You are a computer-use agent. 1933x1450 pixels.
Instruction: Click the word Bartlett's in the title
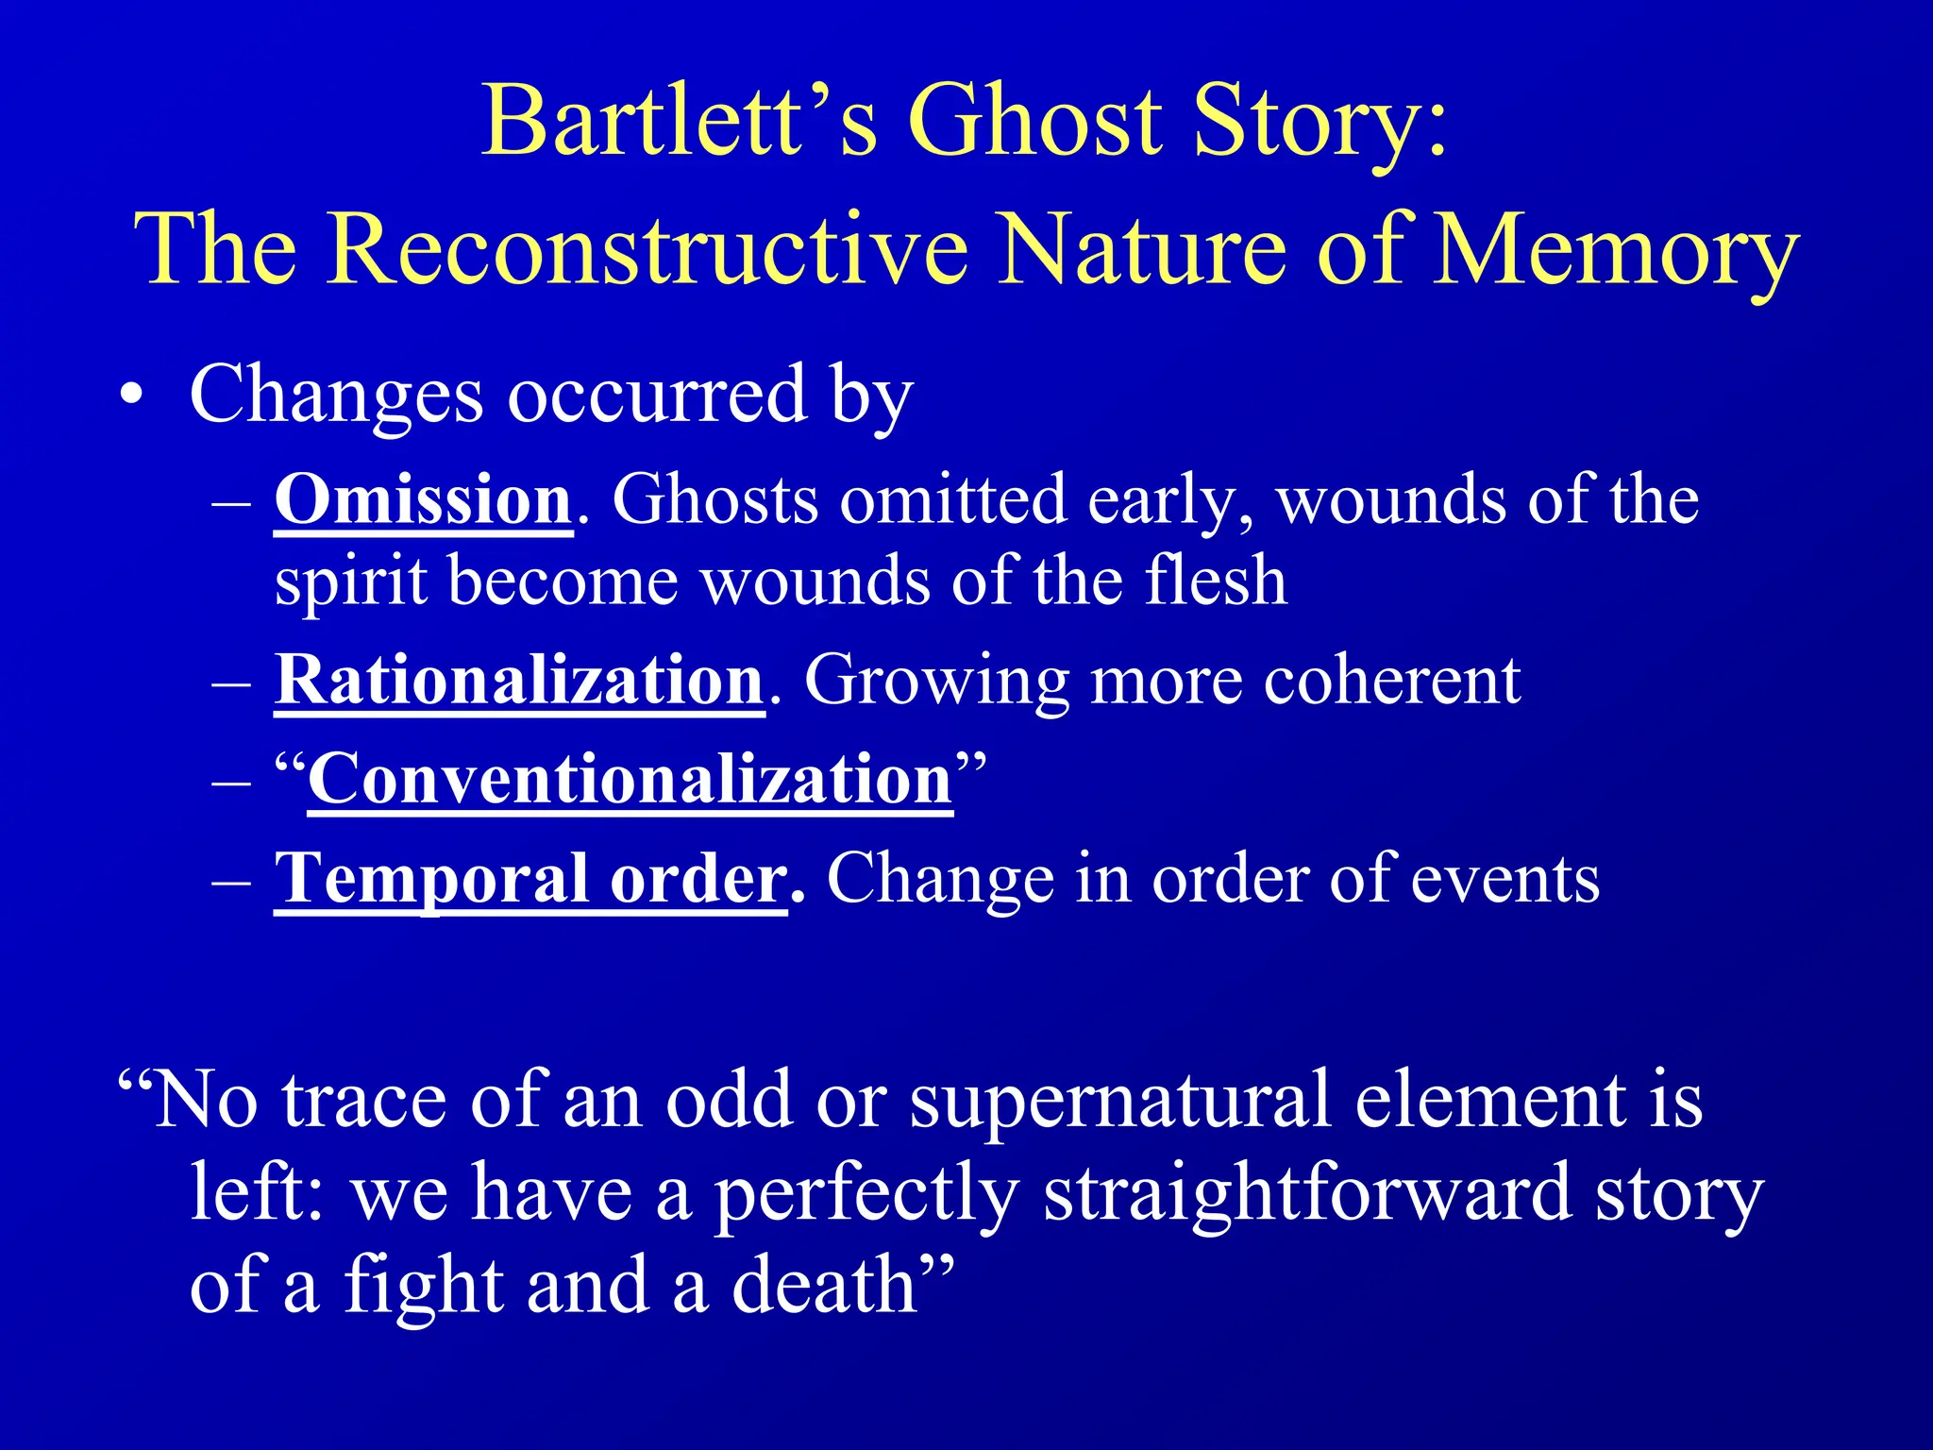[680, 123]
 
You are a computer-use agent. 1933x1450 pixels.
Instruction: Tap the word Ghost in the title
[1034, 123]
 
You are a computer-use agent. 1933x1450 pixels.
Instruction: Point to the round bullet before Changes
[133, 396]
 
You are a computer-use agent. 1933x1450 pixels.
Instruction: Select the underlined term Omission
[423, 500]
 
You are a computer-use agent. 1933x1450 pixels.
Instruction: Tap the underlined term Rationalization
[518, 680]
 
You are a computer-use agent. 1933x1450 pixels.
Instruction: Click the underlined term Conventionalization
[630, 780]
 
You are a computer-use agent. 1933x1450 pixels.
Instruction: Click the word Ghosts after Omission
[715, 500]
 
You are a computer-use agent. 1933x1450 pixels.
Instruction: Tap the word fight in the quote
[424, 1286]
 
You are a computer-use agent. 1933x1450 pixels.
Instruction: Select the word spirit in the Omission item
[351, 582]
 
